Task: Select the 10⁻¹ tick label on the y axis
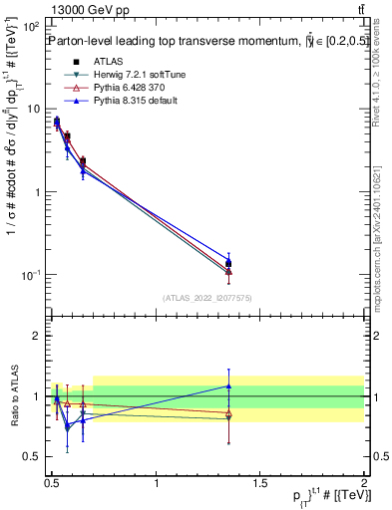[34, 274]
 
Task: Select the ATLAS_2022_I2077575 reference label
[207, 298]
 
